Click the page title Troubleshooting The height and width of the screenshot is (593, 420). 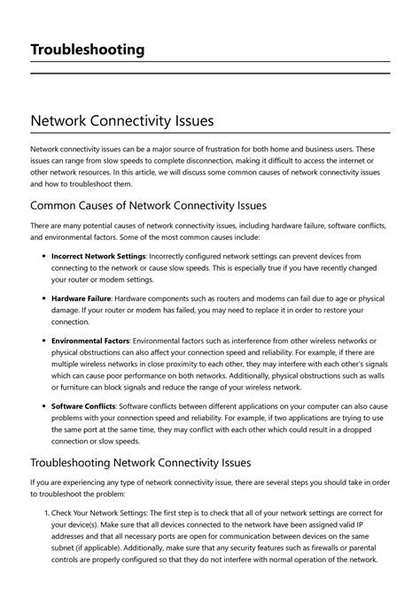pyautogui.click(x=88, y=50)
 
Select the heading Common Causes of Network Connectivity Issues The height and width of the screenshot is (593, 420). pyautogui.click(x=148, y=205)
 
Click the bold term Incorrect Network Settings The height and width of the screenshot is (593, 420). pyautogui.click(x=98, y=255)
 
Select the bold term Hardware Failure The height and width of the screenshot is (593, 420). pyautogui.click(x=82, y=298)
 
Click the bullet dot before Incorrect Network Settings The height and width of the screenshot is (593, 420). pyautogui.click(x=43, y=255)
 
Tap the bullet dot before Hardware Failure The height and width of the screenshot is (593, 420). pyautogui.click(x=43, y=298)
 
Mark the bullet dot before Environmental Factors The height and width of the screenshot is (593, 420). pyautogui.click(x=43, y=341)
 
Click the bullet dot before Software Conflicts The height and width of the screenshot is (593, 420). pyautogui.click(x=43, y=405)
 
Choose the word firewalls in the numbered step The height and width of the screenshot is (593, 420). pyautogui.click(x=299, y=549)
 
